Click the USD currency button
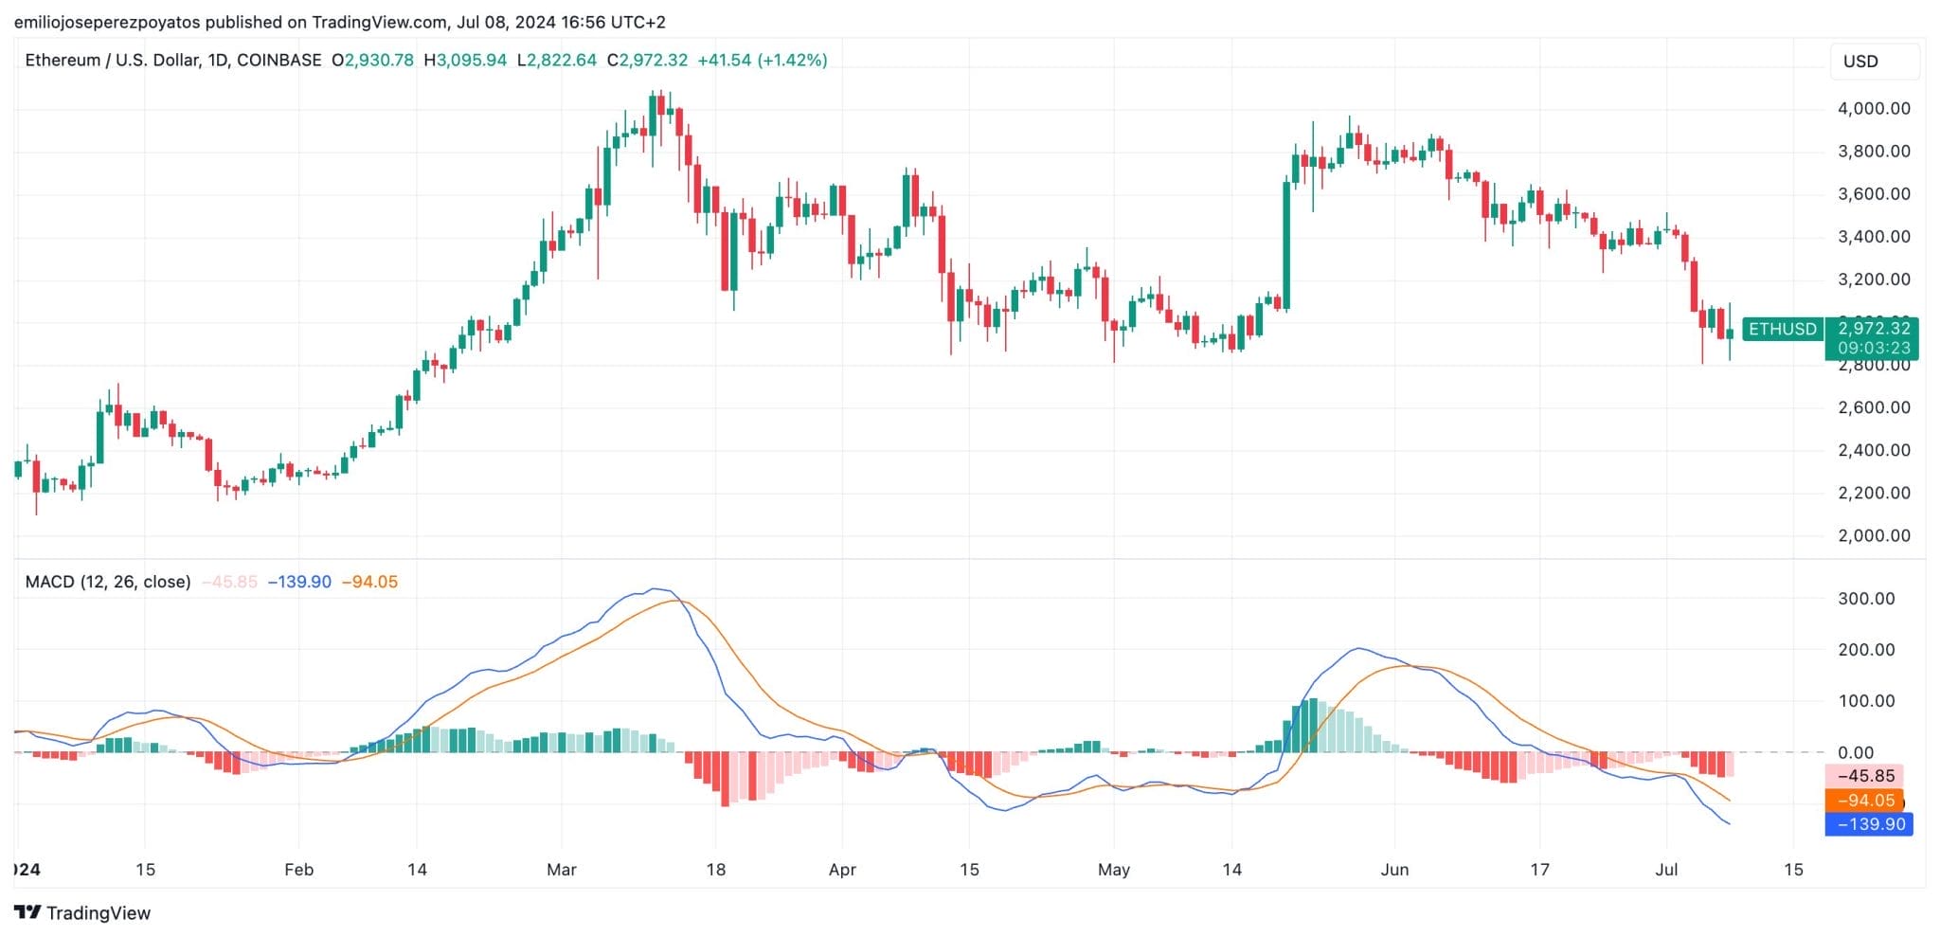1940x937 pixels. pyautogui.click(x=1860, y=62)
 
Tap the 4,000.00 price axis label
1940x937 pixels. pyautogui.click(x=1874, y=108)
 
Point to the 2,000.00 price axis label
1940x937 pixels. pyautogui.click(x=1874, y=535)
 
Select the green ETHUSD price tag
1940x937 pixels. pyautogui.click(x=1782, y=329)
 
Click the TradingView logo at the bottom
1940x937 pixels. pyautogui.click(x=82, y=912)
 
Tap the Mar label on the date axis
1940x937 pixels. pyautogui.click(x=561, y=869)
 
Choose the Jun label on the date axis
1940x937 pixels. pyautogui.click(x=1393, y=869)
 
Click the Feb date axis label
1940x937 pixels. pyautogui.click(x=298, y=869)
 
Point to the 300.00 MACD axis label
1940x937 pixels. pyautogui.click(x=1866, y=598)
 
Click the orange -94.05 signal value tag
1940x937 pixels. pyautogui.click(x=1864, y=801)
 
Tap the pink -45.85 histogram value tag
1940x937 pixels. pyautogui.click(x=1864, y=776)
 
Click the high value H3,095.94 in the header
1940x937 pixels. pyautogui.click(x=465, y=60)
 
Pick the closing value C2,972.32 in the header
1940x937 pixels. pyautogui.click(x=647, y=60)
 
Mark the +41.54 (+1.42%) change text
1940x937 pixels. pyautogui.click(x=762, y=60)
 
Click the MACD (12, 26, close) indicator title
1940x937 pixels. pyautogui.click(x=107, y=581)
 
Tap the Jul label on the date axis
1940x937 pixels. pyautogui.click(x=1665, y=869)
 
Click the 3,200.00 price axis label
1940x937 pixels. pyautogui.click(x=1874, y=279)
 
